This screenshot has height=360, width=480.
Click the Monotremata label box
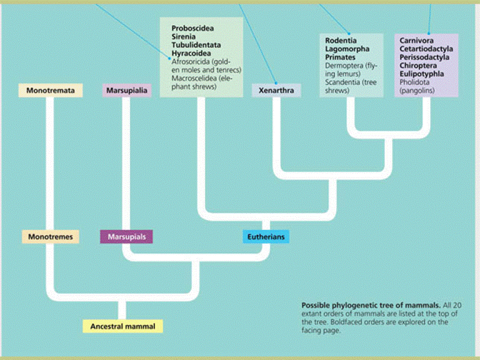51,91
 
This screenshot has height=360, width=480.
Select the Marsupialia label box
127,91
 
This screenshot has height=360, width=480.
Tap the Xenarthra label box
276,91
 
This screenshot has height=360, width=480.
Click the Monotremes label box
51,237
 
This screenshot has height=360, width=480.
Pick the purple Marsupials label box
127,237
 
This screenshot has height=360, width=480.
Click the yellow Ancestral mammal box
122,326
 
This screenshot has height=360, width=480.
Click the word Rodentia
341,41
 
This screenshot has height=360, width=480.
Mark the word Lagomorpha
347,49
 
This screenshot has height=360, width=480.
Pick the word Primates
341,57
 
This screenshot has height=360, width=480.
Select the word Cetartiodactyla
427,49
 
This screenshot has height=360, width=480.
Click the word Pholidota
414,82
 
